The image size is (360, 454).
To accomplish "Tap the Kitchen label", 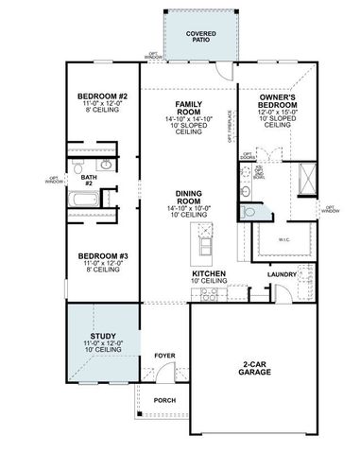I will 208,276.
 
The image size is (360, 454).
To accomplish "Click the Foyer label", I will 164,356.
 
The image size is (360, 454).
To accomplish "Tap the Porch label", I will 163,400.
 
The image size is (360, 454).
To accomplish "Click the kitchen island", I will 204,244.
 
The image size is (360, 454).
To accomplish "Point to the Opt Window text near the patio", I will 154,56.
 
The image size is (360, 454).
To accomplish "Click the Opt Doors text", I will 249,156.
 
